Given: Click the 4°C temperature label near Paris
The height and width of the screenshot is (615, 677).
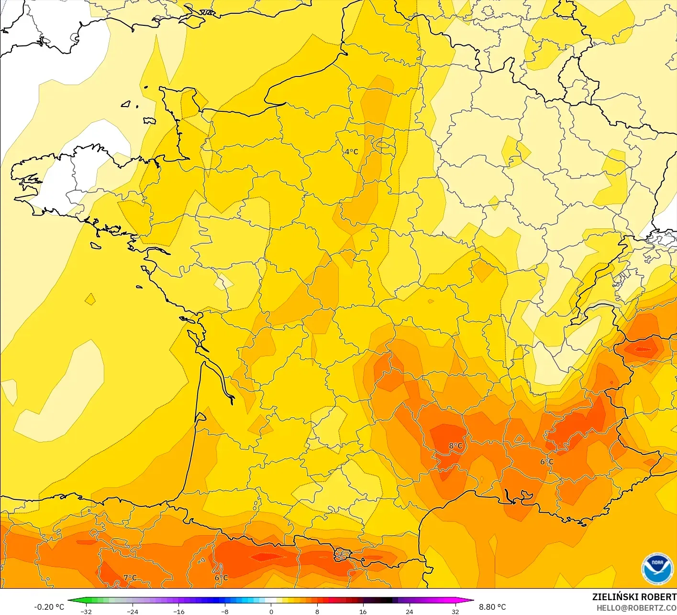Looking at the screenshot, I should tap(351, 152).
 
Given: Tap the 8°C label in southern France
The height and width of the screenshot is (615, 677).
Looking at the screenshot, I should tap(455, 446).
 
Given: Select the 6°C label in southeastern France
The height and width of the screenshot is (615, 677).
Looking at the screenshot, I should tap(547, 462).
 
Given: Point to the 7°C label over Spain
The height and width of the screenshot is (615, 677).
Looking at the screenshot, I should tap(130, 578).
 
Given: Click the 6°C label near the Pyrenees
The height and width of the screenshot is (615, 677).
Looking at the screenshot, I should tap(221, 578).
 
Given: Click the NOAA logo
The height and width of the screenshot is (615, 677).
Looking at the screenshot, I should tap(657, 569).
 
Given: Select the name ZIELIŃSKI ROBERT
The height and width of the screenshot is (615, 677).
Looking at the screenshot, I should tap(634, 597).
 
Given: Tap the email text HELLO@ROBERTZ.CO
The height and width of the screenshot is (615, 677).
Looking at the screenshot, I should tap(636, 608).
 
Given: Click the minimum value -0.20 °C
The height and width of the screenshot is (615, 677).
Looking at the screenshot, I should tap(49, 607).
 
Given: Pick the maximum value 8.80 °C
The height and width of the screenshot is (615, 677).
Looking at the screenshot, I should tap(492, 607).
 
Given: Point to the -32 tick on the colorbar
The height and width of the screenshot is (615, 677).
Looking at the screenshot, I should tap(86, 611).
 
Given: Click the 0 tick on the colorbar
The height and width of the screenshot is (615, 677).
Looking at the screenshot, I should tap(271, 611).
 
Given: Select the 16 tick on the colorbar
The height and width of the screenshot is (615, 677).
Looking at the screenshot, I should tap(363, 611).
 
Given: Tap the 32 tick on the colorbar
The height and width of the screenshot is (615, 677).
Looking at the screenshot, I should tap(455, 611).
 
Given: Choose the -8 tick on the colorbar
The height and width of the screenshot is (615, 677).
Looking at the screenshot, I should tap(224, 611).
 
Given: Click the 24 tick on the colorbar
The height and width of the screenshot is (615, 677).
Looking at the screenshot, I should tap(409, 611).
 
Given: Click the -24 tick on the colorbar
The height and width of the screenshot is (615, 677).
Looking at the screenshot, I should tap(132, 611).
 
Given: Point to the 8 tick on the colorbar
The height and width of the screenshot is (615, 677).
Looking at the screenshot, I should tap(317, 611).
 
